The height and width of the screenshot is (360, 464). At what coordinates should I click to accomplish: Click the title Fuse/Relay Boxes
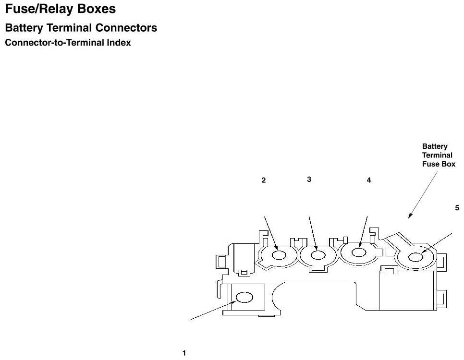pyautogui.click(x=60, y=9)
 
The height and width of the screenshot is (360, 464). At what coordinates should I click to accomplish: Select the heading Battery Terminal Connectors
pyautogui.click(x=81, y=28)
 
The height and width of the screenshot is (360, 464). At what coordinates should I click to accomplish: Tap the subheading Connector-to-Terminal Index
pyautogui.click(x=68, y=43)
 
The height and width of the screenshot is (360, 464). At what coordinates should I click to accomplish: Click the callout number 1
pyautogui.click(x=184, y=353)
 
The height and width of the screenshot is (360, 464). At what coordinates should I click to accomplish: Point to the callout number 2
pyautogui.click(x=264, y=180)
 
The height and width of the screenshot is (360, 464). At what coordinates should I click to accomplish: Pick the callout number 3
pyautogui.click(x=309, y=179)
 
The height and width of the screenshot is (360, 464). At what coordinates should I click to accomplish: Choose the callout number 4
pyautogui.click(x=369, y=180)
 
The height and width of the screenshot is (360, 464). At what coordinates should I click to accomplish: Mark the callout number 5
pyautogui.click(x=457, y=208)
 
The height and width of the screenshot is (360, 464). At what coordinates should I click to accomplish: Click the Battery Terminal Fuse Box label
pyautogui.click(x=438, y=155)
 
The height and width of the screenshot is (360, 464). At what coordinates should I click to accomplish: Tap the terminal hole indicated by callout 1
pyautogui.click(x=244, y=298)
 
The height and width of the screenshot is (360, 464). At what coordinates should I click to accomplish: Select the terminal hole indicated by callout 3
pyautogui.click(x=317, y=255)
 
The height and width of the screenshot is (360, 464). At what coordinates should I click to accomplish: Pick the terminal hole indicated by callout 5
pyautogui.click(x=415, y=257)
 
